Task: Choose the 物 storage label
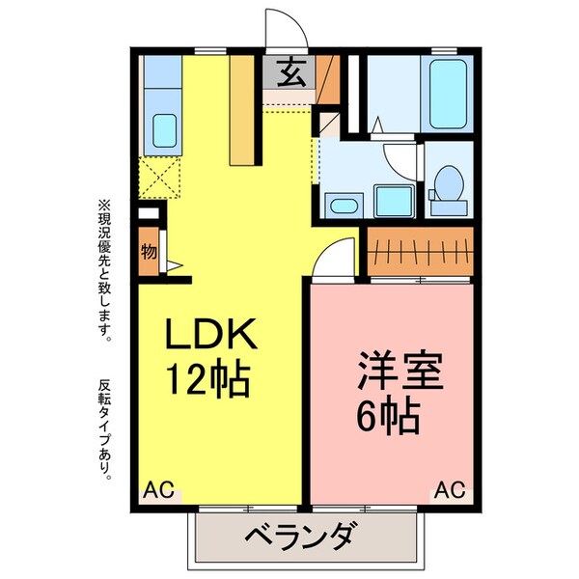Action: coord(149,254)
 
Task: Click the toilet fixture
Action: coord(448,185)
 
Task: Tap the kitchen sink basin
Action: coord(163,128)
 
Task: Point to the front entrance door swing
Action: coord(286,29)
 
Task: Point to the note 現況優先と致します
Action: coord(105,270)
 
